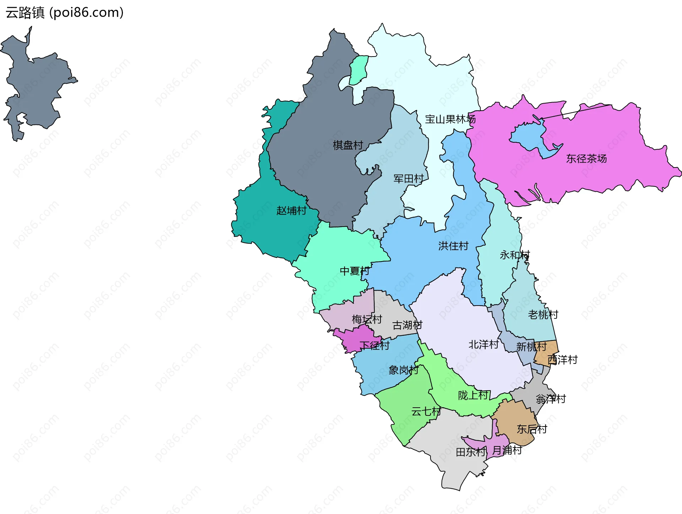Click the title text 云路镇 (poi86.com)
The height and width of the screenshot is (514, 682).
[64, 12]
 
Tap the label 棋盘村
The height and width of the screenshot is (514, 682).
[348, 145]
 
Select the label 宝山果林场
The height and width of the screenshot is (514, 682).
[450, 119]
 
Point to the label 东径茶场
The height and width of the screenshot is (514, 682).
[586, 159]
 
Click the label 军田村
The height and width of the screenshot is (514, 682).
[408, 179]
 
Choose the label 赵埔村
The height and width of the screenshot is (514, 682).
[291, 211]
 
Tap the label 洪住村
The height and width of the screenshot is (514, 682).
[453, 246]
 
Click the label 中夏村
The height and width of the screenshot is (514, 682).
[354, 271]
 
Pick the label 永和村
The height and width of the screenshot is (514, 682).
[515, 255]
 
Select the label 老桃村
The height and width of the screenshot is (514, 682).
[543, 314]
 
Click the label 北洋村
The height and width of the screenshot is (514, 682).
[483, 344]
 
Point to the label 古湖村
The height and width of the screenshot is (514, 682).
[407, 325]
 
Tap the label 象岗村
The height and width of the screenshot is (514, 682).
[403, 370]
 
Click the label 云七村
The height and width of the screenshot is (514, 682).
[426, 412]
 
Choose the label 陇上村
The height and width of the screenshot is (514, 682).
[473, 395]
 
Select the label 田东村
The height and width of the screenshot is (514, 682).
[471, 452]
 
